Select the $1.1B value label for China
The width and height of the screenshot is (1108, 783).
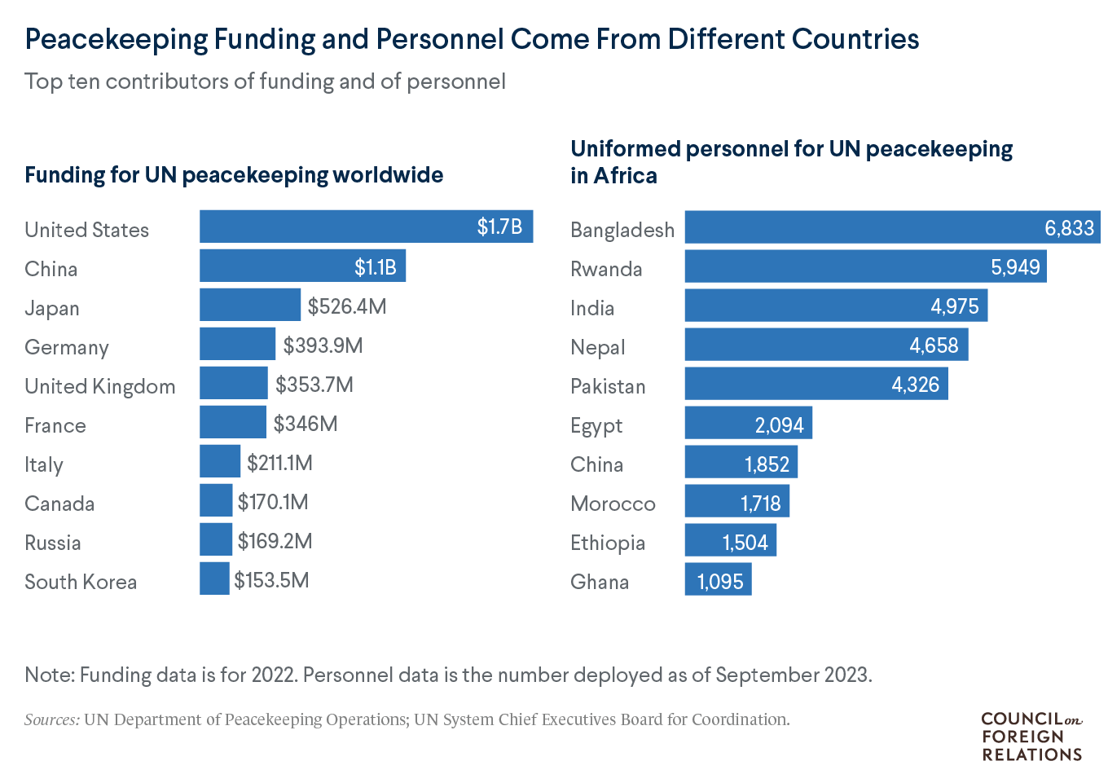(x=375, y=266)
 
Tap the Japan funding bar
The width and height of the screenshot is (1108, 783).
(x=249, y=305)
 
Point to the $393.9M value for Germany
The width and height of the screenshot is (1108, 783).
(x=323, y=345)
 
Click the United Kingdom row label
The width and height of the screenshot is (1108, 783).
(x=99, y=386)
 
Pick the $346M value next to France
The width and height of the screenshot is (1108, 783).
(x=306, y=424)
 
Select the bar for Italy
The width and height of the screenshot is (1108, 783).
(x=220, y=461)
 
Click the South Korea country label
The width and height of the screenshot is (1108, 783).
(x=81, y=582)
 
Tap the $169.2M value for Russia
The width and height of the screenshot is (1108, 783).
(x=275, y=541)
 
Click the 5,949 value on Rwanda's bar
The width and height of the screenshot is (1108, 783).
(x=1015, y=267)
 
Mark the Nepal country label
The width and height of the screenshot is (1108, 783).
(x=597, y=347)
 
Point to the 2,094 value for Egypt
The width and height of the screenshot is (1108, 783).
(x=779, y=425)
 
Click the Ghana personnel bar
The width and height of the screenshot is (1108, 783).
(x=717, y=580)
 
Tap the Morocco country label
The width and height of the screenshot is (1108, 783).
(x=613, y=504)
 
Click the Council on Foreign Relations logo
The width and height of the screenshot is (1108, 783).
(x=1031, y=737)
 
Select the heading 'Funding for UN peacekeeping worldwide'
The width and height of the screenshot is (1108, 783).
(x=234, y=175)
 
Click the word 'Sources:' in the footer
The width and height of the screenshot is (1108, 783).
(x=52, y=719)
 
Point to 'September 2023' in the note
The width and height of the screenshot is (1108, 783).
(x=793, y=675)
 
